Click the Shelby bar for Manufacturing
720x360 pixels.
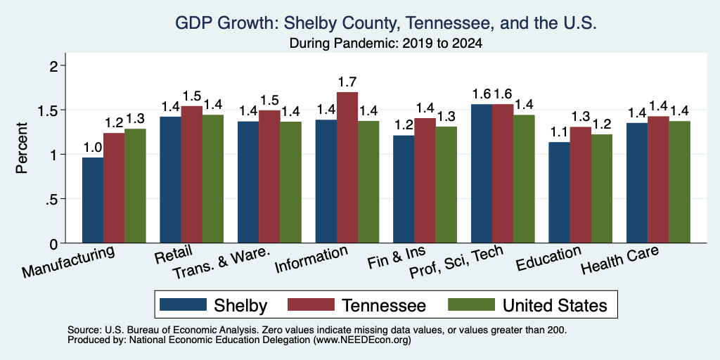[93, 200]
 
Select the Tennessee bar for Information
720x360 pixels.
[347, 167]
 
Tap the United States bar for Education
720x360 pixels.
[602, 188]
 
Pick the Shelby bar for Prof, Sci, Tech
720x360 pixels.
[482, 174]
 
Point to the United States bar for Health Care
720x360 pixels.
[680, 182]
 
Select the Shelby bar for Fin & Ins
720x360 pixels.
[404, 189]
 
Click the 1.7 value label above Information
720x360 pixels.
[347, 83]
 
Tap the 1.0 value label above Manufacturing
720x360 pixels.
[92, 148]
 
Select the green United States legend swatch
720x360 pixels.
[471, 304]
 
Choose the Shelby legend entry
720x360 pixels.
[213, 305]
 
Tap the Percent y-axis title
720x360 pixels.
[22, 148]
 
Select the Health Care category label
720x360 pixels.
[619, 260]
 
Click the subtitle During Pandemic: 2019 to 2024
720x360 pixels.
[386, 44]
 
